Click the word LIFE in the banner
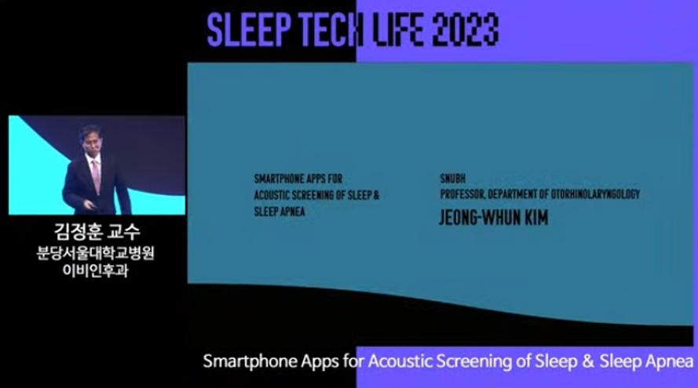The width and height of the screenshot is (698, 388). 397,30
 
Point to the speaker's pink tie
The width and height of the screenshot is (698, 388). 96,176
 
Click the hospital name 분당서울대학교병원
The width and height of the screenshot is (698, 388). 95,253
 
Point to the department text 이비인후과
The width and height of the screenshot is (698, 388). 95,270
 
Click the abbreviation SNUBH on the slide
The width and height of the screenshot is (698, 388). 453,179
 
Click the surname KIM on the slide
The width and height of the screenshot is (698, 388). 535,217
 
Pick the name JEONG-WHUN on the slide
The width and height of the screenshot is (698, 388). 480,217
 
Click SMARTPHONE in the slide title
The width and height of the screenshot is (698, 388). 277,179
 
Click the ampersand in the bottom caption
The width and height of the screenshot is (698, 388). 588,361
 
